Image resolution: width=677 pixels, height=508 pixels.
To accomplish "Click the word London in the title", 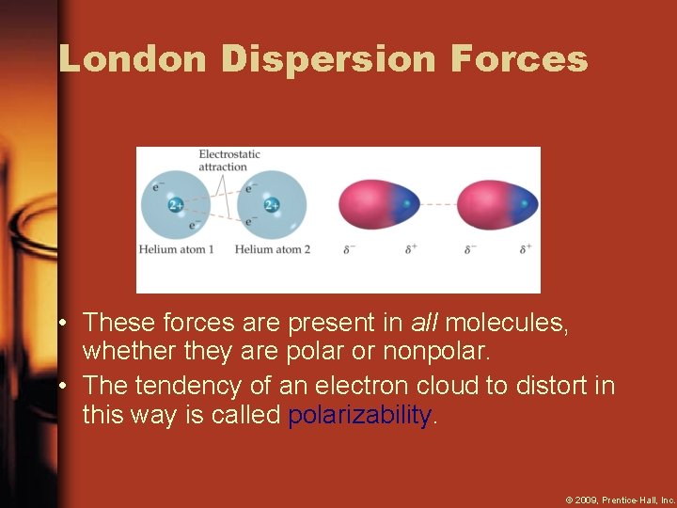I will [x=133, y=59].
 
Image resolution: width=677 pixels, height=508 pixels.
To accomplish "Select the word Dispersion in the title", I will [x=329, y=59].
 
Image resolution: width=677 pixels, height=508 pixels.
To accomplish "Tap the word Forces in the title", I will [x=519, y=59].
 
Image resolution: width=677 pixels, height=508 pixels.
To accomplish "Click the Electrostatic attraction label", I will [x=228, y=160].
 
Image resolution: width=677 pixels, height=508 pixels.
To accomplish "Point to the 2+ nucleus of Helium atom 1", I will [x=175, y=205].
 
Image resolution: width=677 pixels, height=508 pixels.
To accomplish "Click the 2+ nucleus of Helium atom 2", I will [x=271, y=205].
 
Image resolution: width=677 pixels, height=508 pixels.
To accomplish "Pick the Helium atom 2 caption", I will [x=273, y=249].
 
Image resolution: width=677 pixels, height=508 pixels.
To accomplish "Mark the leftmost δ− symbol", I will [x=349, y=249].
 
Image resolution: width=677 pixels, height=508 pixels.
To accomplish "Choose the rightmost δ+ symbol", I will [x=526, y=249].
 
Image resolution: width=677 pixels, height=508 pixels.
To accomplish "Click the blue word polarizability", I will [x=361, y=415].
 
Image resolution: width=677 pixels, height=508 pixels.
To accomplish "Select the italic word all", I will [x=425, y=323].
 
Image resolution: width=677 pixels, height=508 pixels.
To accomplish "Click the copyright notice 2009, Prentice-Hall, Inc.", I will [x=620, y=499].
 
